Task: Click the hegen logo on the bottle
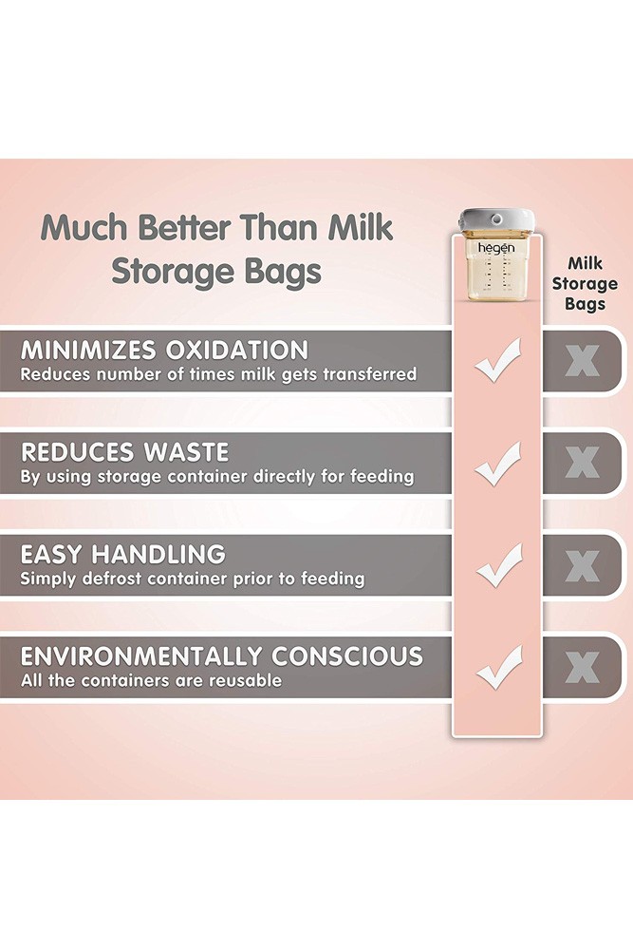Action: point(496,248)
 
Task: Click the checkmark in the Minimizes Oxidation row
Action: point(498,360)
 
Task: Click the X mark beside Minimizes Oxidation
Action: point(582,361)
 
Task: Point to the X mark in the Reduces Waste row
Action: point(582,463)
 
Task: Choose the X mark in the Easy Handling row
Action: point(582,565)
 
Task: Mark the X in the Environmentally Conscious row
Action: point(582,667)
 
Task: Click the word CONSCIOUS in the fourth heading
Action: point(346,656)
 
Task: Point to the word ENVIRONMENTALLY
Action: point(141,656)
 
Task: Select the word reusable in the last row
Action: point(245,680)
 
